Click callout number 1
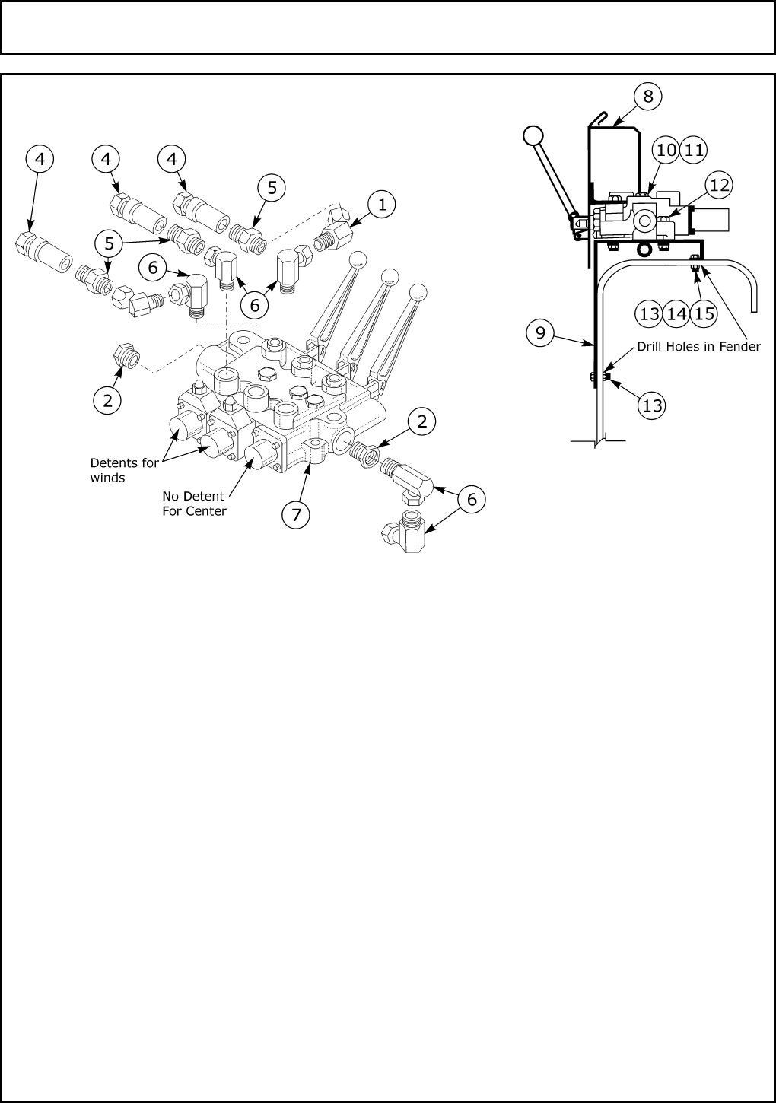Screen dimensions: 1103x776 click(x=382, y=204)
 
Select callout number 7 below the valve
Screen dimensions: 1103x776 click(x=296, y=514)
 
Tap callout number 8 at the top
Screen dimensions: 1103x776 click(x=647, y=96)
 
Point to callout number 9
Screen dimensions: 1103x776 click(x=539, y=333)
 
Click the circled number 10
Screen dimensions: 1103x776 click(x=666, y=150)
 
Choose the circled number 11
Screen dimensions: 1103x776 click(x=693, y=150)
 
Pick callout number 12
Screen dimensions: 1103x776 click(x=719, y=184)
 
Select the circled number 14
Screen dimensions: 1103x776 click(x=676, y=314)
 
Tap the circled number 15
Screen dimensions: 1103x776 click(x=704, y=314)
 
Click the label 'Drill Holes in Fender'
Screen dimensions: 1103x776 click(x=698, y=347)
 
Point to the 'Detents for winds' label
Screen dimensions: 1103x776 click(x=125, y=470)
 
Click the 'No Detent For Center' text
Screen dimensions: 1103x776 click(x=194, y=504)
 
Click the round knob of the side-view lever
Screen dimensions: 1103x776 click(x=533, y=135)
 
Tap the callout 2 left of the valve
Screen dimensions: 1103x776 click(x=107, y=400)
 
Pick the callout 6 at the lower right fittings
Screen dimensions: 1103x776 click(x=472, y=499)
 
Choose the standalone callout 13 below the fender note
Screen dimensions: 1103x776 click(x=652, y=405)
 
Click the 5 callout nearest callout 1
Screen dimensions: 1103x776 click(x=272, y=186)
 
